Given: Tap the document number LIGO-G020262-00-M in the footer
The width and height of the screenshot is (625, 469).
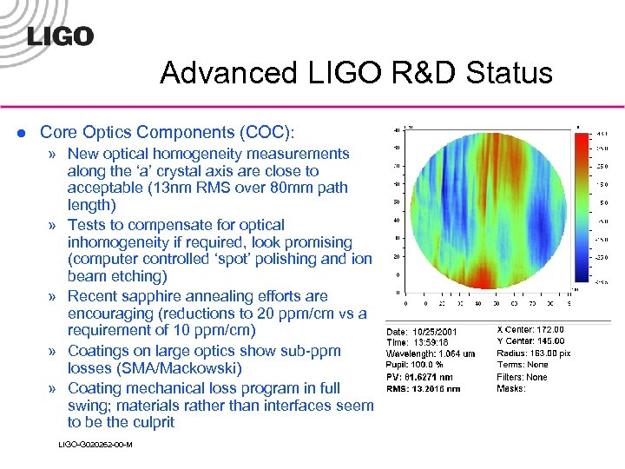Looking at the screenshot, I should [95, 445].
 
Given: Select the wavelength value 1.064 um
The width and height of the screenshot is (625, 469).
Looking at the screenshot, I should [460, 354].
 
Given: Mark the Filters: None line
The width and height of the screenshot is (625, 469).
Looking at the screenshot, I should [523, 377].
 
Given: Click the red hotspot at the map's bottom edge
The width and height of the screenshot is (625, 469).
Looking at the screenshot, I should [476, 276].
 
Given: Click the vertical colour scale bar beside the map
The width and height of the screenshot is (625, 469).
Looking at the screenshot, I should [580, 208].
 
